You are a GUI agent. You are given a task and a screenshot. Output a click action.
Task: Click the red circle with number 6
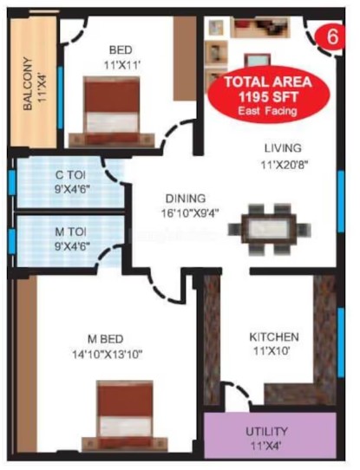331,37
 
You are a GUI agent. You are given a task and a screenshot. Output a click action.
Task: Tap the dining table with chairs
269,229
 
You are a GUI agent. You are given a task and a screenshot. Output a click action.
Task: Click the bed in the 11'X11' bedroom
112,111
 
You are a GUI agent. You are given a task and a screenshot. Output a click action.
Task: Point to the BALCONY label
28,83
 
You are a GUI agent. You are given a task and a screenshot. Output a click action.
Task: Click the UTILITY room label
266,432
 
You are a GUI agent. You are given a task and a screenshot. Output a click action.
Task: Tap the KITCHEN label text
274,337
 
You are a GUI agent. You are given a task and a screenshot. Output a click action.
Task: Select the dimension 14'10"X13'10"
107,355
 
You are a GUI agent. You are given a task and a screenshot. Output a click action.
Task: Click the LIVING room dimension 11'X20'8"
285,165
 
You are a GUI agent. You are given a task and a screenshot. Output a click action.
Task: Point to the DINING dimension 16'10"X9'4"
190,213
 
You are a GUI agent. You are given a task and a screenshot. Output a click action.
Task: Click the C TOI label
70,175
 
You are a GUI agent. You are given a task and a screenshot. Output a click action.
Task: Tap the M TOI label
71,232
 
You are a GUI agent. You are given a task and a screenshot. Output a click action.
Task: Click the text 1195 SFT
268,97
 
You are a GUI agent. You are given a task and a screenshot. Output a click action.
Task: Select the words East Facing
267,111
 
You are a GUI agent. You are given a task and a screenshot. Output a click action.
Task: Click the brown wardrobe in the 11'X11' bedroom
185,58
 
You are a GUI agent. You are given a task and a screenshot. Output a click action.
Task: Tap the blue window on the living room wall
341,201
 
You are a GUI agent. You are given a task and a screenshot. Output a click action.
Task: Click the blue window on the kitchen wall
341,342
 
